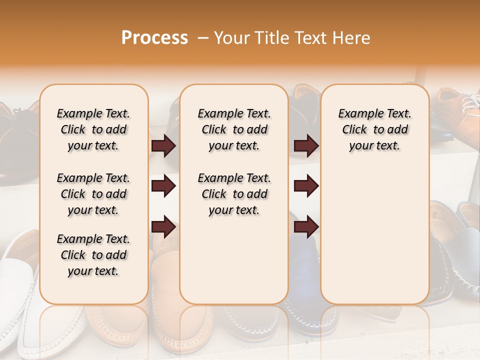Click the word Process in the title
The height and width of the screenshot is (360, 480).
[154, 38]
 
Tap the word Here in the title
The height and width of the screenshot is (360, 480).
[353, 38]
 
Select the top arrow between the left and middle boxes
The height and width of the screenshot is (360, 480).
[163, 146]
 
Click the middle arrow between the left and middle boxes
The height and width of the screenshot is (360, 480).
[163, 186]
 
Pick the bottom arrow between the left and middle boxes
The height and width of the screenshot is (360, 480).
[163, 226]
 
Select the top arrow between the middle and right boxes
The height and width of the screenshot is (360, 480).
[306, 146]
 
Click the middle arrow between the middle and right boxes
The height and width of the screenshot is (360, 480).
[306, 186]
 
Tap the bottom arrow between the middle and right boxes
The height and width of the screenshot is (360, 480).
[306, 226]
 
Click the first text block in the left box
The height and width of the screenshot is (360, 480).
[93, 129]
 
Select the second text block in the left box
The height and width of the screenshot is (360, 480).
[93, 194]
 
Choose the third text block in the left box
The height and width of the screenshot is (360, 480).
[93, 255]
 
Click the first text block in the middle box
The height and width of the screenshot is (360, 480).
[234, 129]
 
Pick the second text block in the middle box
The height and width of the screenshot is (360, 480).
[234, 194]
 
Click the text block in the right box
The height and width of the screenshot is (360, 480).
[375, 129]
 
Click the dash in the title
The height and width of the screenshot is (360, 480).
[202, 38]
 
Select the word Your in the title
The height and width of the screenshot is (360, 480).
[232, 38]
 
